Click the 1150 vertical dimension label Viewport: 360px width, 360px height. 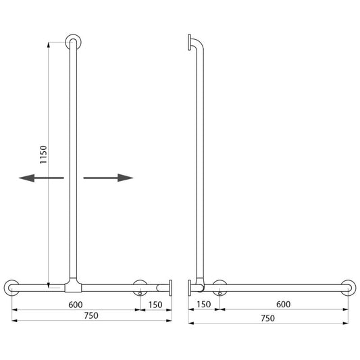(43, 155)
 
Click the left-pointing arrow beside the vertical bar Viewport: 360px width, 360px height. (41, 178)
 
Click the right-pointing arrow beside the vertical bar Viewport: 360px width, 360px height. (108, 178)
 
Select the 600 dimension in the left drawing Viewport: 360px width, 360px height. (76, 305)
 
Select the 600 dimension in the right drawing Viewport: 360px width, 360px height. (283, 304)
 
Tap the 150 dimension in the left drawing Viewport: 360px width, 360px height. (155, 305)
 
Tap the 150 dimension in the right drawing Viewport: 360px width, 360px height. (204, 304)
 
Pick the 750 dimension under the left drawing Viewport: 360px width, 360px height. (91, 315)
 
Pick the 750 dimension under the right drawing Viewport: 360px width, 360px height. (267, 318)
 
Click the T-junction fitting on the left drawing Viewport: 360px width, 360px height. (73, 286)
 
